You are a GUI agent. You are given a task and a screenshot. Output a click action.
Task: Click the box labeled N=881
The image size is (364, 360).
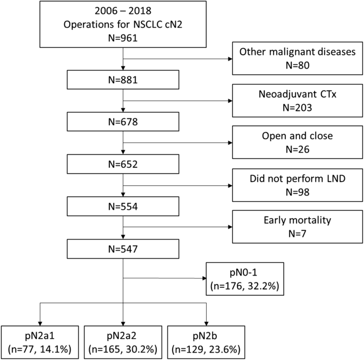(123, 82)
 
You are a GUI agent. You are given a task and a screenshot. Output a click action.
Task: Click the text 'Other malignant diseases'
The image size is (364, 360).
(298, 52)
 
